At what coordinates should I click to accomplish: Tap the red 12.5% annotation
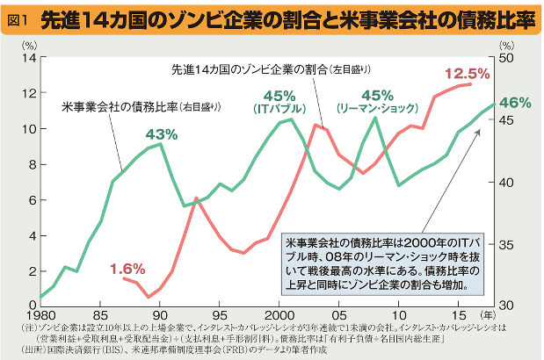[467, 73]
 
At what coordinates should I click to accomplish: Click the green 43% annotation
[161, 134]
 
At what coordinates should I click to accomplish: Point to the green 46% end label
[514, 103]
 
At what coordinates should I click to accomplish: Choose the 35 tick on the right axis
[507, 244]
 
